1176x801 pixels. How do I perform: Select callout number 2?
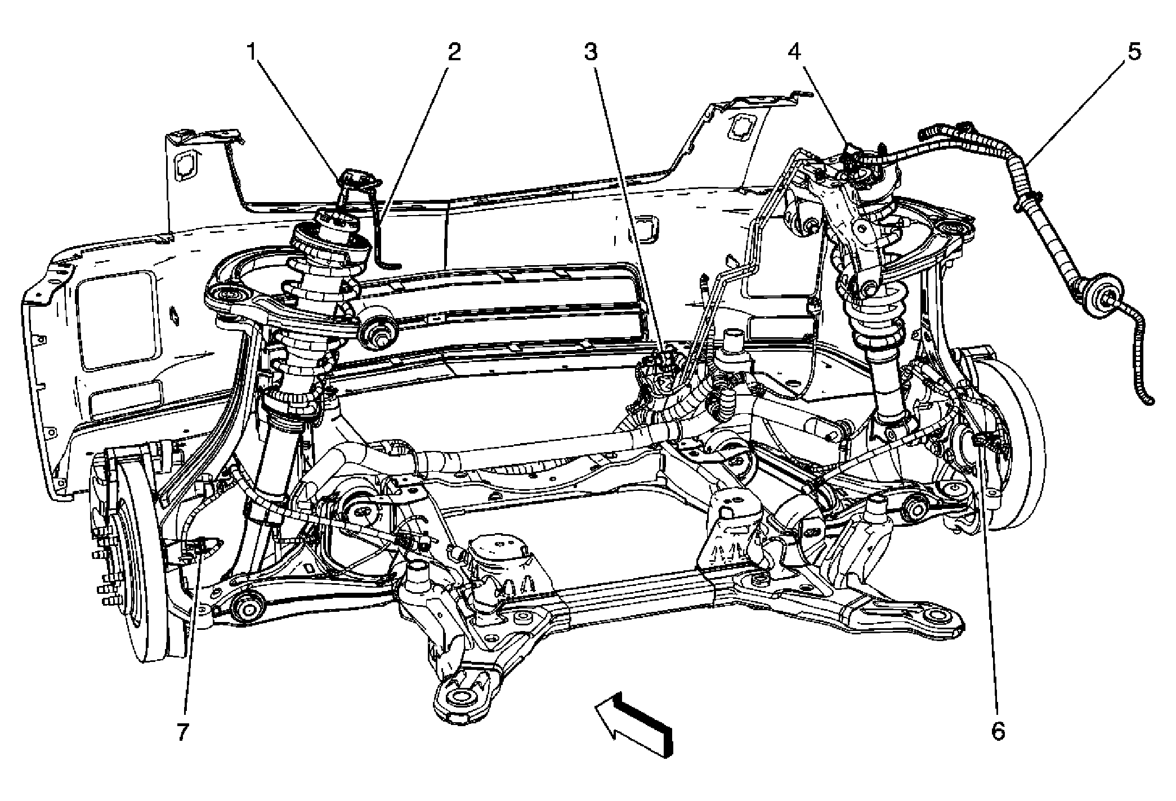[454, 52]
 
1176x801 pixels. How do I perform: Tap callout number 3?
[589, 52]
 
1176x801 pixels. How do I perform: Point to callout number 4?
[793, 52]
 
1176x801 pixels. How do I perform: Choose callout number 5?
[1134, 52]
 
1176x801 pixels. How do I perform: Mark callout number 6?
[997, 732]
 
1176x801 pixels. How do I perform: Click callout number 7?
[181, 732]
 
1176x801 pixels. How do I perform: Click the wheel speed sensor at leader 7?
[200, 545]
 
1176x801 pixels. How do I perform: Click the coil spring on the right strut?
[878, 326]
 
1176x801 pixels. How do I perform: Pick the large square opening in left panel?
[115, 321]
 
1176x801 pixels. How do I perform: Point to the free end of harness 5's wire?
[1149, 401]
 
